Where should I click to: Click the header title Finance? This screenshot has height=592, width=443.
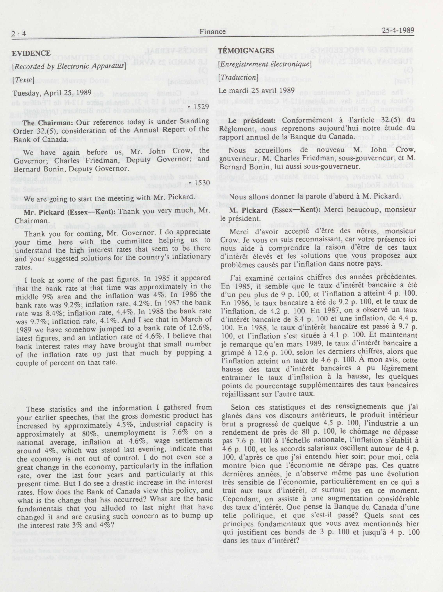[x=212, y=32]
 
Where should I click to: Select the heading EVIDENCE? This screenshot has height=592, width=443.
[x=31, y=53]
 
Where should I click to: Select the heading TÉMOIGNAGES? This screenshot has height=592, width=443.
[x=246, y=51]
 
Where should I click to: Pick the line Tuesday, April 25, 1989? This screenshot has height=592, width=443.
[x=52, y=93]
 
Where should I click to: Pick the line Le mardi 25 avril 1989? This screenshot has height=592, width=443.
[x=256, y=90]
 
